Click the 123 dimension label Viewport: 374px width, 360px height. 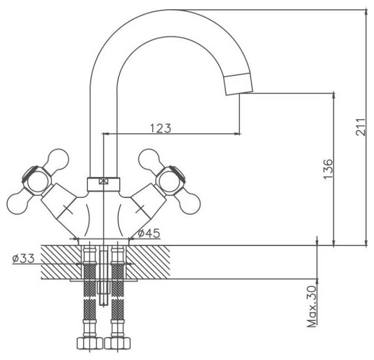160,128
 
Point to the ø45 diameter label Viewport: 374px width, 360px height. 149,233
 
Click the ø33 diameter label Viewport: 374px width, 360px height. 23,259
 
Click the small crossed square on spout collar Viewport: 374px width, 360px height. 104,181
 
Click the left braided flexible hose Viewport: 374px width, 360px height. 90,298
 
